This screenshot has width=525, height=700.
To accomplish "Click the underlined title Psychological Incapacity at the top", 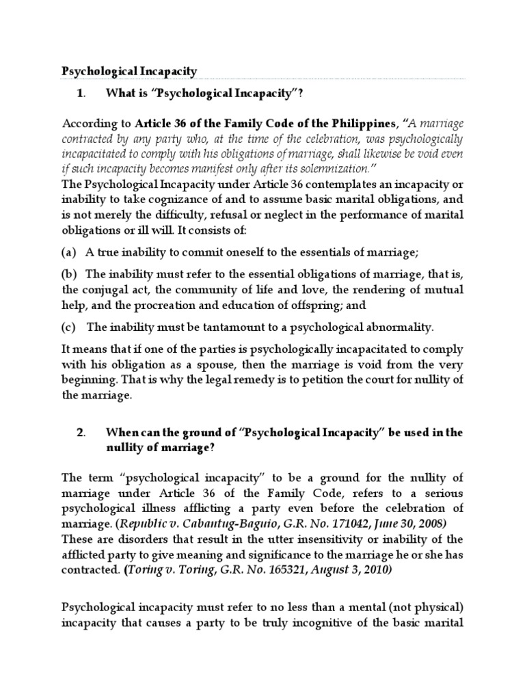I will point(130,70).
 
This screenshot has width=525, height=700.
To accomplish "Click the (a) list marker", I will point(68,252).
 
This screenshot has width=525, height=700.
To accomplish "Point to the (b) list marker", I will point(68,274).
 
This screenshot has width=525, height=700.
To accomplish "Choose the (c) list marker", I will point(68,326).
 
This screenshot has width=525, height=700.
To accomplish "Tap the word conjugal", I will point(102,289).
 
